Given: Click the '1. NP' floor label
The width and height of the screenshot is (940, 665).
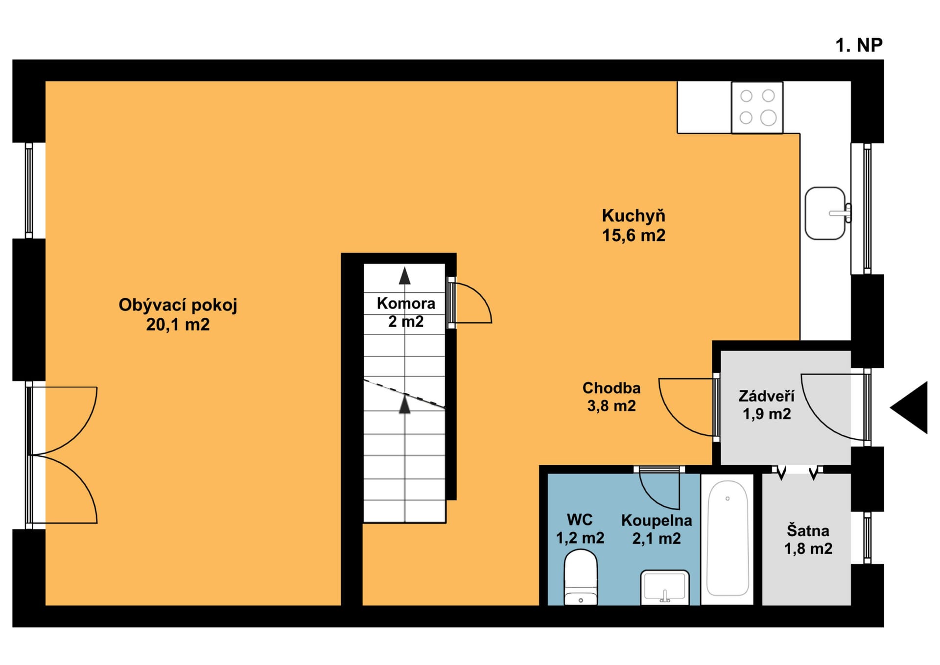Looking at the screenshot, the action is [x=859, y=45].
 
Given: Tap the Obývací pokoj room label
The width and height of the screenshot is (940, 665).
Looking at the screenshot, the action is [x=178, y=305].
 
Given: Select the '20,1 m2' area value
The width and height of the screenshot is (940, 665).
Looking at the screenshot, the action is [x=178, y=324].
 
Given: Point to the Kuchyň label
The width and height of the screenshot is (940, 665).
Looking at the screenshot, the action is [x=634, y=215].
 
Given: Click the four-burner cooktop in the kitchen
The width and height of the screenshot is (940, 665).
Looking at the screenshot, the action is [x=757, y=107].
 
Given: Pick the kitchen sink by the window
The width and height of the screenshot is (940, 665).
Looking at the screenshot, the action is [x=826, y=213].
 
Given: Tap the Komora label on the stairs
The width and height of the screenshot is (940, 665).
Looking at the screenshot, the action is [x=406, y=303].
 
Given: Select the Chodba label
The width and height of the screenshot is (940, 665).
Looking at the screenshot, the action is [x=611, y=388].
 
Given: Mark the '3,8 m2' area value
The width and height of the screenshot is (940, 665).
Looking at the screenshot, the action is [x=611, y=406].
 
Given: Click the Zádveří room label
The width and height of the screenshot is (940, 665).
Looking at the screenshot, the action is [x=766, y=396].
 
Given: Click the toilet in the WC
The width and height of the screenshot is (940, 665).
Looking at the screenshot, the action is [x=581, y=577].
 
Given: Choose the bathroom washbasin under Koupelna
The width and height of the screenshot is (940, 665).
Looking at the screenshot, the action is [x=665, y=587].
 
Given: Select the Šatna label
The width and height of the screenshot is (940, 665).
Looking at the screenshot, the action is [x=808, y=530].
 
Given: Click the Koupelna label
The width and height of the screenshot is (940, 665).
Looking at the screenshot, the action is [x=657, y=521].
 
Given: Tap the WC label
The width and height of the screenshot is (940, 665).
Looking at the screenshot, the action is [x=580, y=520].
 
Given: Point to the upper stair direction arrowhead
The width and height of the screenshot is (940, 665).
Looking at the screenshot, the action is [x=404, y=276].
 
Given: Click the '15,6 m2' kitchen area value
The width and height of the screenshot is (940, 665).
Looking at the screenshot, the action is [x=634, y=236].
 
